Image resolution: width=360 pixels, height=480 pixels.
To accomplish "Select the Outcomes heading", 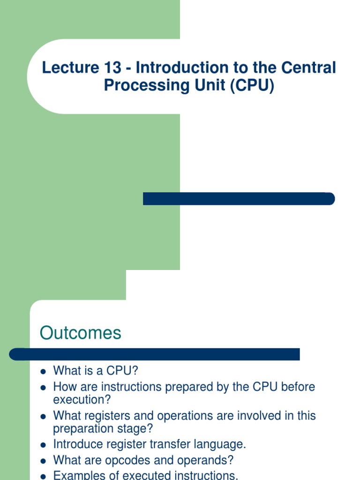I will pos(80,333).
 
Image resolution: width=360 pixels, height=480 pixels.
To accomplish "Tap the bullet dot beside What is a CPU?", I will pos(43,372).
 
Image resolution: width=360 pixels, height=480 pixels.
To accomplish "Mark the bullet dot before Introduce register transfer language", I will pos(43,445).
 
